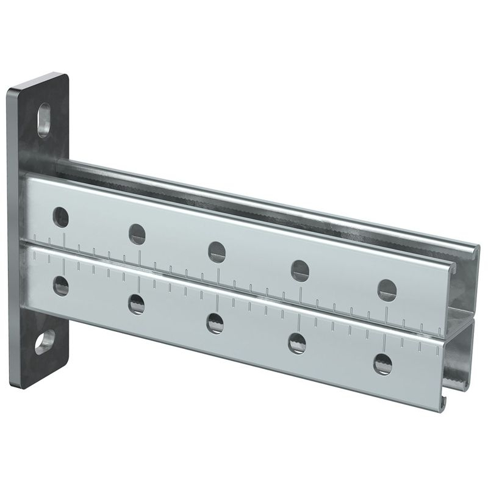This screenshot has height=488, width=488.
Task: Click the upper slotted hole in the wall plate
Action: pos(44,119)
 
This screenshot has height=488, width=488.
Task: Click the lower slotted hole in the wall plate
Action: pos(44,343)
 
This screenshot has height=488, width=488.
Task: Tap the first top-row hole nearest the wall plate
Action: pos(60,215)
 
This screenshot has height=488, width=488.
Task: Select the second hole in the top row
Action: pos(137,234)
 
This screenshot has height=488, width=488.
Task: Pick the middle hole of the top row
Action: pos(217,251)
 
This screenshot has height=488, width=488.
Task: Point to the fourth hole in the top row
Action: pos(300,270)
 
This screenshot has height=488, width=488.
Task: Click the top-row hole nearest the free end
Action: pos(387,290)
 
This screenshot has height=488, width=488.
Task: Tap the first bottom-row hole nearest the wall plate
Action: pos(60,285)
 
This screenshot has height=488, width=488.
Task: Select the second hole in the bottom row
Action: pos(137,303)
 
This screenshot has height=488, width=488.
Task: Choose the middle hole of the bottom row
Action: pos(214,322)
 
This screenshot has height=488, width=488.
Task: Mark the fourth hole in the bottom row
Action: pos(297,342)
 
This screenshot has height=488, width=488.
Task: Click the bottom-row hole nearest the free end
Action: pos(382,364)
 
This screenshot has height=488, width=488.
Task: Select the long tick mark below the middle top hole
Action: pos(218,273)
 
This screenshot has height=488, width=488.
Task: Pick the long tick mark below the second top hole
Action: pos(140,256)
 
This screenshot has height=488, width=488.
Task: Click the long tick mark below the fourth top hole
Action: pos(300,293)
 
